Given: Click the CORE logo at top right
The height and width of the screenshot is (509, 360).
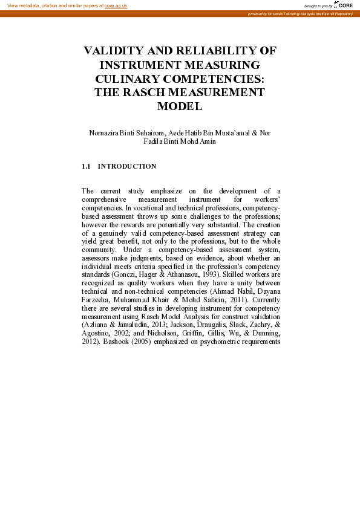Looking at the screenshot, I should click(345, 5).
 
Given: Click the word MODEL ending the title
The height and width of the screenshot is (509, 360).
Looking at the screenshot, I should click(179, 106).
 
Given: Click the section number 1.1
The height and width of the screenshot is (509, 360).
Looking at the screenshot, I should click(86, 166).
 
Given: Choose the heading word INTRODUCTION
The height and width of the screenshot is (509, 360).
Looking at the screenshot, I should click(127, 166).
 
